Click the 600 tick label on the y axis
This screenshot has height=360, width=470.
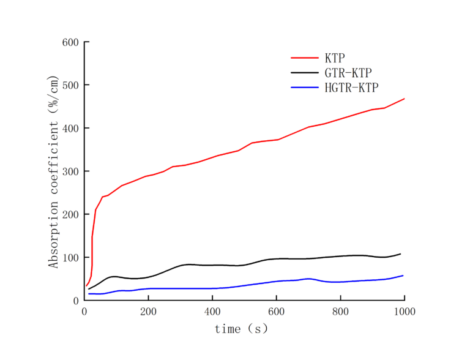click(70, 42)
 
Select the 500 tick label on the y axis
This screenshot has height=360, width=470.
click(70, 85)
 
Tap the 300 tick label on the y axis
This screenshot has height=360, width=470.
click(70, 171)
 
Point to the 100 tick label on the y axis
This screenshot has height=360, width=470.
click(70, 258)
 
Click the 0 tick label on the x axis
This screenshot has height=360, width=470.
click(84, 312)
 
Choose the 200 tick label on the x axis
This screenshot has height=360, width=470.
click(148, 312)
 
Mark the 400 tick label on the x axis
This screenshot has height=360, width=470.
click(212, 312)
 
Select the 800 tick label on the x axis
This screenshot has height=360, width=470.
click(340, 312)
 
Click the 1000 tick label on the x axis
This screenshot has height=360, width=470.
click(404, 312)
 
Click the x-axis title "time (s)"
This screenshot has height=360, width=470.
click(241, 329)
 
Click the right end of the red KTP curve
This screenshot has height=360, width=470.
click(404, 99)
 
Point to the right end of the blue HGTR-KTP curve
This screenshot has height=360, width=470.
click(403, 276)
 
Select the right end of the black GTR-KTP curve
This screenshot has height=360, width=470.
click(400, 253)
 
